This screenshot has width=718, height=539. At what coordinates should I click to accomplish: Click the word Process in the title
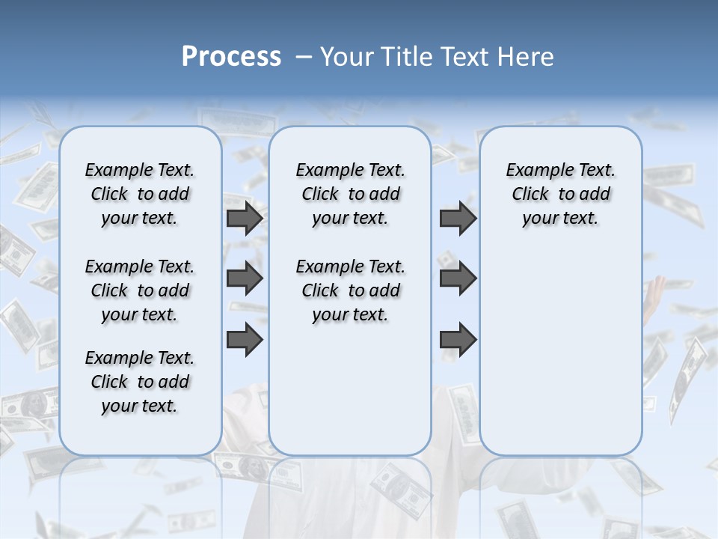coord(231,57)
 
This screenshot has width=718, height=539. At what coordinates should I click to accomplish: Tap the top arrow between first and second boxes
coord(245,218)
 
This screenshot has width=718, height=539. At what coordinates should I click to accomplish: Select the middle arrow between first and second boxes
coord(245,278)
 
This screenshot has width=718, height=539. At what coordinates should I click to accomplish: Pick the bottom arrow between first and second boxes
coord(245,339)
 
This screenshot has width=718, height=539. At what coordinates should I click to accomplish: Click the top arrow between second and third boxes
coord(458,218)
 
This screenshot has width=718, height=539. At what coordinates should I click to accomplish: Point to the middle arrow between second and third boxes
coord(458,278)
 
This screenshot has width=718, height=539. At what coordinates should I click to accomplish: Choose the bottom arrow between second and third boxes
coord(458,339)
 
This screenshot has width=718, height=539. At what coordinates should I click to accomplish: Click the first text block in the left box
coord(140,194)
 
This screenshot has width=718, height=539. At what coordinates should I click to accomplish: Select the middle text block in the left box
coord(140,290)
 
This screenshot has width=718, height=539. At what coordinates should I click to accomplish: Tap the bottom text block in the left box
coord(140,382)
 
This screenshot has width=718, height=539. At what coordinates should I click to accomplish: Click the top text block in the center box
coord(350,194)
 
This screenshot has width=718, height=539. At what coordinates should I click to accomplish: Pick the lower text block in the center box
coord(350,290)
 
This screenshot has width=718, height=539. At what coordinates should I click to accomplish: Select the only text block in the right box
coord(560,194)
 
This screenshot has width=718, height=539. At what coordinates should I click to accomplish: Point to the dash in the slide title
coord(304,57)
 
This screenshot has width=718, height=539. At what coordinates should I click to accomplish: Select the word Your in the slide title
coord(346,57)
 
